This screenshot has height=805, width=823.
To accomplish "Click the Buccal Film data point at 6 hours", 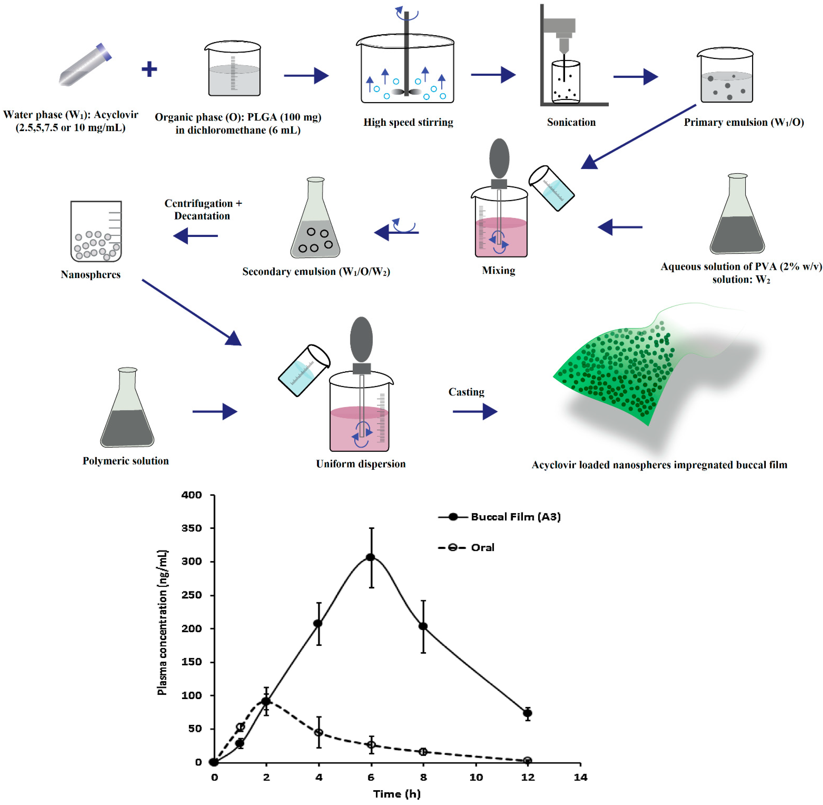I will coord(370,557).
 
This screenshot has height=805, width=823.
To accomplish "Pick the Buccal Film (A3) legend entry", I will coord(499,517).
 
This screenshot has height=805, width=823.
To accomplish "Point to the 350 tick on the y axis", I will coord(192,528).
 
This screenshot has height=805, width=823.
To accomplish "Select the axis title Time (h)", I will coord(397,794).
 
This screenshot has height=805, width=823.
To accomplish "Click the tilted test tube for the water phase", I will coord(85,64).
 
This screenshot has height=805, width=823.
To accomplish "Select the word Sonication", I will coord(571,122).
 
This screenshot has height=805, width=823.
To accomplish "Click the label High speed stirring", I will coord(408,122).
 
